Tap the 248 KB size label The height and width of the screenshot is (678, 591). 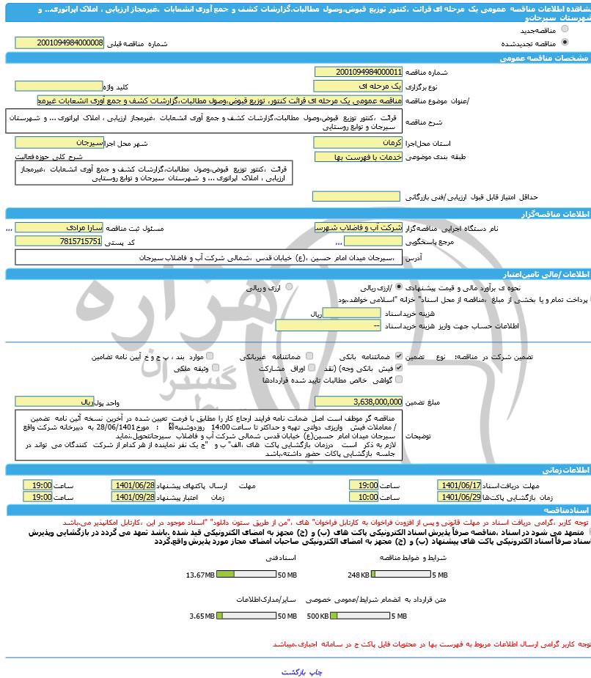[359, 574]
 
